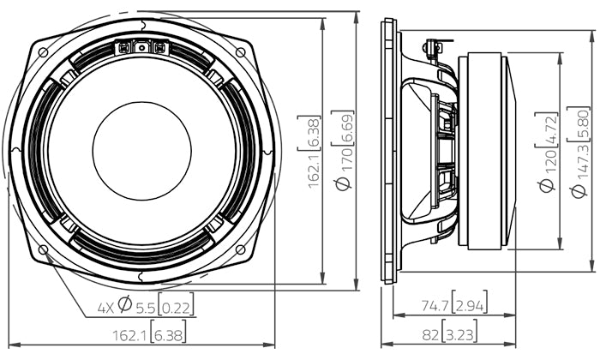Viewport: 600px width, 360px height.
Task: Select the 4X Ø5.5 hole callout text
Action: point(143,304)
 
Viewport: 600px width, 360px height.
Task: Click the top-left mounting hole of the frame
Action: point(43,51)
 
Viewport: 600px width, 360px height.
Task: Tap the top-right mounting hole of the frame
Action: point(239,52)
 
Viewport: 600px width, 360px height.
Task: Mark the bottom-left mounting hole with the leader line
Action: point(43,249)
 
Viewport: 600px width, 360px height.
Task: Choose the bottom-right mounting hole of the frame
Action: point(239,249)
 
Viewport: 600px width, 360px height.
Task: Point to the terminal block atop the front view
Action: point(141,48)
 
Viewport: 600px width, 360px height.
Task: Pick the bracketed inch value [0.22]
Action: point(176,304)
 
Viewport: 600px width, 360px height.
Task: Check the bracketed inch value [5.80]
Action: point(581,126)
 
